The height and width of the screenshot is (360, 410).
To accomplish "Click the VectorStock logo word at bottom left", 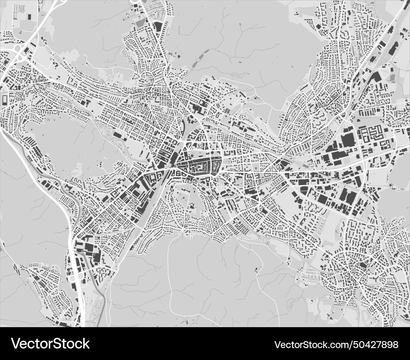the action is point(50,344).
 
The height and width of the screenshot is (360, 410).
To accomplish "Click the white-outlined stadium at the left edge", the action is point(5,100).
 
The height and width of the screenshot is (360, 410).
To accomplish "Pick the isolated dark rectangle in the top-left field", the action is point(29,16).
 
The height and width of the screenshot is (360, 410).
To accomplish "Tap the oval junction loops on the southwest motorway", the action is point(74,279).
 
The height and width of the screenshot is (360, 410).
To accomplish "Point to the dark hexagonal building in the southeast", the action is point(362,265).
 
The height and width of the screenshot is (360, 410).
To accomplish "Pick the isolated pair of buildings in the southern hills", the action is point(257,269).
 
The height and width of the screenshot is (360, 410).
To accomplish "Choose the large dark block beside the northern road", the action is point(158,26).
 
